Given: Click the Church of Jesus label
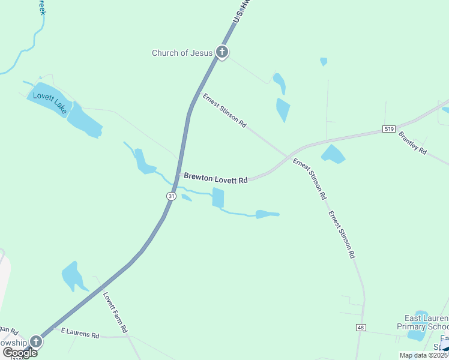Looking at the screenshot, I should coord(182,53).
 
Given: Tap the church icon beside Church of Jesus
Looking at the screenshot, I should coord(222,53).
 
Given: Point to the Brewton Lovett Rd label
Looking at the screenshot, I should coord(215,178).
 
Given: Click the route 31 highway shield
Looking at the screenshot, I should coord(171,196).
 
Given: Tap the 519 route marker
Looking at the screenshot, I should coord(389,129).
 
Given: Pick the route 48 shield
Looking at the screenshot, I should coord(360,328).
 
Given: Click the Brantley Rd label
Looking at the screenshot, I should coord(412,143).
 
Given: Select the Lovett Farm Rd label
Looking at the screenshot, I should coord(115,313).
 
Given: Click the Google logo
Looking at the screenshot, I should coord(20,353).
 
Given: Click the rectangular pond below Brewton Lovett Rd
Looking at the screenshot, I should coord(218,198).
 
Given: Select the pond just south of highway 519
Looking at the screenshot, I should coord(333,154).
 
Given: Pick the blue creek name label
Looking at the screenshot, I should coord(41,7).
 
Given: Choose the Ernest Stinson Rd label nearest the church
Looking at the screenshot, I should coord(224,110).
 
